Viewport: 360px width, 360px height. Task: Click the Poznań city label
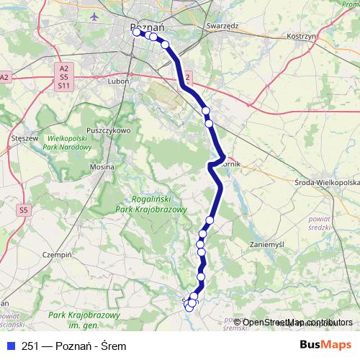click(x=148, y=27)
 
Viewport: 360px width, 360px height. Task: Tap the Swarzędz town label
click(x=222, y=24)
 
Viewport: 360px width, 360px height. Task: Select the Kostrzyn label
click(x=302, y=35)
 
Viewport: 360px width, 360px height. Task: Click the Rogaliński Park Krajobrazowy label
click(x=151, y=204)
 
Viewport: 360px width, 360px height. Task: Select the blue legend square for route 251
click(x=10, y=344)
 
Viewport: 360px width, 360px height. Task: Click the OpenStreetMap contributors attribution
click(x=297, y=322)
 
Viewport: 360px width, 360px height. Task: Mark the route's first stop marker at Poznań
click(x=137, y=32)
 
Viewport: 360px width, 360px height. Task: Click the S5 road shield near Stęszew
click(x=24, y=210)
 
